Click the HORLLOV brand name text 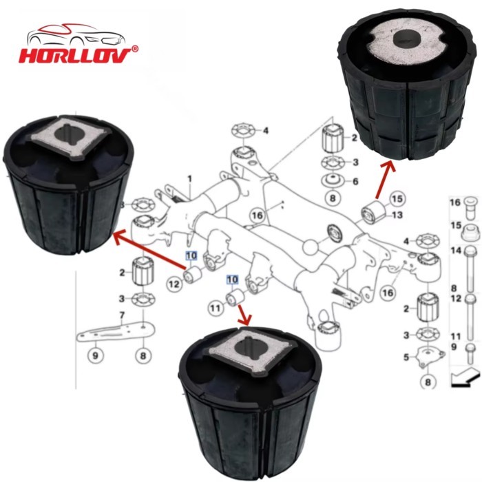coord(74,54)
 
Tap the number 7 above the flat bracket coord(122,315)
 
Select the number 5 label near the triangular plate coord(406,357)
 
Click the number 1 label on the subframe coord(190,180)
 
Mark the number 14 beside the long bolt coord(454,251)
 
